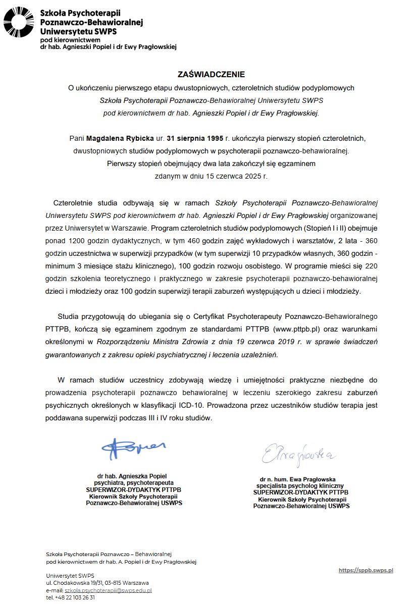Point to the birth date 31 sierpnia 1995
coord(196,137)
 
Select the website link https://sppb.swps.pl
coord(365,570)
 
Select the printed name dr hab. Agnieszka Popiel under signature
coord(132,476)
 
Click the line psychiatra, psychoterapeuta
coord(132,482)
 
